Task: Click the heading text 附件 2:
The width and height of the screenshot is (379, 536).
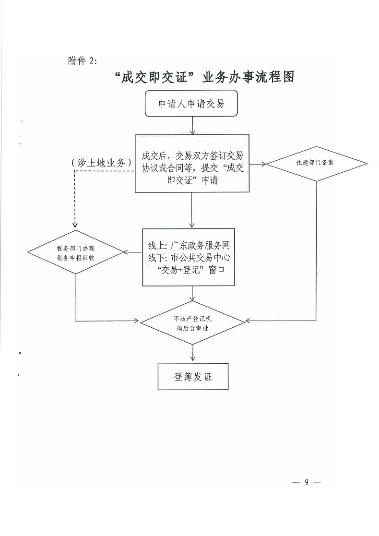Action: click(x=83, y=61)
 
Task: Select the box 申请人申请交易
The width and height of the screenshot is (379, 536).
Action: click(x=191, y=104)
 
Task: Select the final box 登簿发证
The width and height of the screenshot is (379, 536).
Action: click(x=192, y=377)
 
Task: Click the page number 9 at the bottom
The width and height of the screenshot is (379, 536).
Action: click(x=306, y=482)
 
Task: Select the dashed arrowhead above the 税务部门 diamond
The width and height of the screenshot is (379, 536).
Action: click(x=76, y=226)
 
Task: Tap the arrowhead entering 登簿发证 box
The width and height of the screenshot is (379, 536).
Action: click(x=192, y=359)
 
